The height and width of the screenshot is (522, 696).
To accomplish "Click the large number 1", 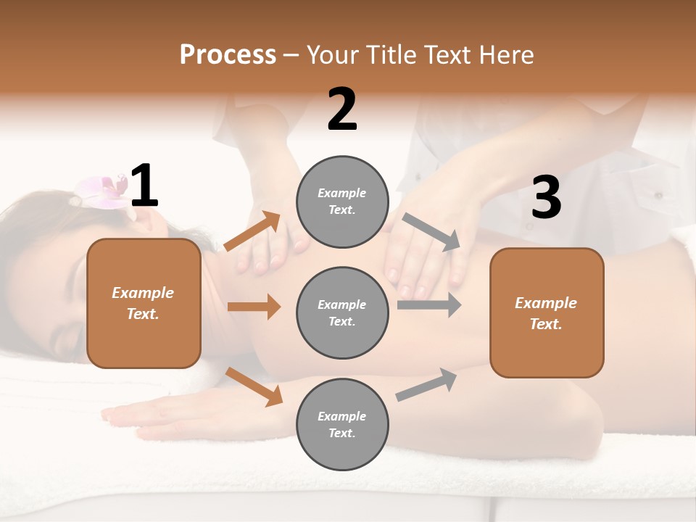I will pyautogui.click(x=144, y=186).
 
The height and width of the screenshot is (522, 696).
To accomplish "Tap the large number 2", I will pyautogui.click(x=342, y=110).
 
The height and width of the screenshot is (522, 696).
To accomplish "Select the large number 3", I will pyautogui.click(x=546, y=198).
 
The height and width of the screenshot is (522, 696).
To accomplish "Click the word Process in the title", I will pyautogui.click(x=228, y=54).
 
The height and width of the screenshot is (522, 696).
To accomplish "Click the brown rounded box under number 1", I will pyautogui.click(x=144, y=303).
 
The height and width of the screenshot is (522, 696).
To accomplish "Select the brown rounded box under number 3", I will pyautogui.click(x=547, y=312).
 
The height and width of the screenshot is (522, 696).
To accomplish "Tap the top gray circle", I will pyautogui.click(x=342, y=202).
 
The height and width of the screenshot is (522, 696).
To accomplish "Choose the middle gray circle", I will pyautogui.click(x=342, y=312).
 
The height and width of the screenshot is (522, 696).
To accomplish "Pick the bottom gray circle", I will pyautogui.click(x=342, y=424).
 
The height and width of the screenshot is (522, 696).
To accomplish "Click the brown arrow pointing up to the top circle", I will pyautogui.click(x=252, y=231).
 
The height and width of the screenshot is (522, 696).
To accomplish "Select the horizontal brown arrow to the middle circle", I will pyautogui.click(x=253, y=307).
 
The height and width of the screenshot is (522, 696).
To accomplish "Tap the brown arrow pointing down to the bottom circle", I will pyautogui.click(x=254, y=386).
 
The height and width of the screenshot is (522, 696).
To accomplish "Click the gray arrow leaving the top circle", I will pyautogui.click(x=431, y=232).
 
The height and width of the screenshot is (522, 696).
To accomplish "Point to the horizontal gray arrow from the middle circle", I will pyautogui.click(x=428, y=304).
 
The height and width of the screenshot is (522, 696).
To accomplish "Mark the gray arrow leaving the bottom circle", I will pyautogui.click(x=426, y=384).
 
